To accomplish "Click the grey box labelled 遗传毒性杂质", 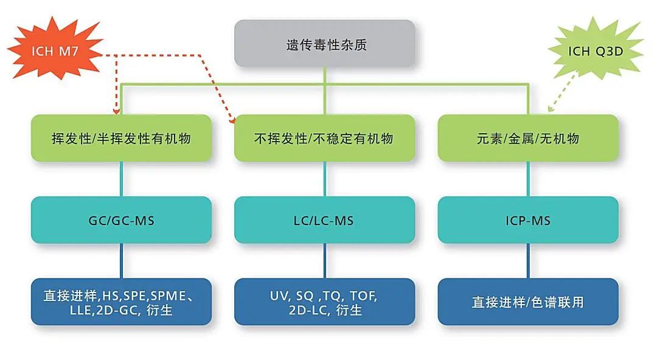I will point(325,44).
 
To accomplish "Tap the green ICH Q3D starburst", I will point(596,51).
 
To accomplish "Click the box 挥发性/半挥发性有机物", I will point(121,139).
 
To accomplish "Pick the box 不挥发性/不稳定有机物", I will point(324,139).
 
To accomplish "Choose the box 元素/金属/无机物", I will point(528,139).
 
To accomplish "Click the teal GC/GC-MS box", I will point(121,220).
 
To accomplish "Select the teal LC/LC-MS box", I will point(324,220).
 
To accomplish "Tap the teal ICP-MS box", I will point(528,220).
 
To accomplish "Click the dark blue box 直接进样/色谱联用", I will point(528,302).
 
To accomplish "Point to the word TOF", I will point(364,296).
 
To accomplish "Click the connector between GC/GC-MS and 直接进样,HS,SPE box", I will point(121,261).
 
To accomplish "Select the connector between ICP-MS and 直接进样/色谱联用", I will point(528,261).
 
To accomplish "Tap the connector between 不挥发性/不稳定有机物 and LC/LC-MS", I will point(324,179).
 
